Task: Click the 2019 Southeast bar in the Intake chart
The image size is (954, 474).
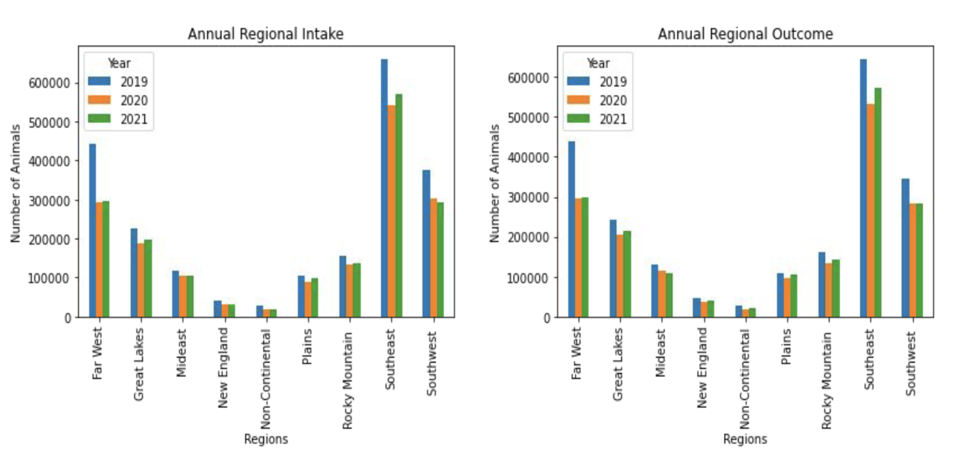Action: coord(384,188)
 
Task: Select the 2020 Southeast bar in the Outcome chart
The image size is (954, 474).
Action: coord(870,211)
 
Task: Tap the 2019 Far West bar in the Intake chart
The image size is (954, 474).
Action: coord(92,231)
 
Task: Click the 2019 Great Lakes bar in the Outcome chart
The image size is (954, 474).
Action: coord(613,269)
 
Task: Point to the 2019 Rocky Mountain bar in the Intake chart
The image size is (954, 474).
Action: coord(343,287)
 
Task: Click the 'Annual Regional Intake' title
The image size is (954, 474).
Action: coord(266,34)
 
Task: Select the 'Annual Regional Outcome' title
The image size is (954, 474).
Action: coord(745,34)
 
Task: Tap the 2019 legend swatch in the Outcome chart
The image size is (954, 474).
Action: coord(578,82)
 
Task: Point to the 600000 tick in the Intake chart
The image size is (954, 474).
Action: coord(49,83)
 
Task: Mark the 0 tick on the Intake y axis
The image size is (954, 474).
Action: coord(68,318)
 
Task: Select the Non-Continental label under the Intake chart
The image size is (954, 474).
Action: coord(266,379)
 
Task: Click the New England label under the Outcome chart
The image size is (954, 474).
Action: coord(702,367)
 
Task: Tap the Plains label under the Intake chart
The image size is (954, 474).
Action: coord(307,347)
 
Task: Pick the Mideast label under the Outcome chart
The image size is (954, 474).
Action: coord(660,353)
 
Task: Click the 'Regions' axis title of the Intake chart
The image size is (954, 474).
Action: coord(266,439)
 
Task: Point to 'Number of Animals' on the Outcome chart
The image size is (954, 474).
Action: coord(494,184)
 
